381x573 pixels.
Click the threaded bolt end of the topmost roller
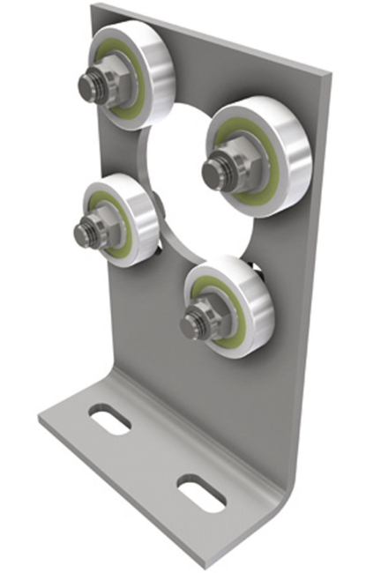pyautogui.click(x=86, y=86)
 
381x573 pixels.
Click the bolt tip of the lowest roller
pyautogui.click(x=189, y=326)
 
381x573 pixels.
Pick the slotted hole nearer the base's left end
pyautogui.click(x=110, y=421)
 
